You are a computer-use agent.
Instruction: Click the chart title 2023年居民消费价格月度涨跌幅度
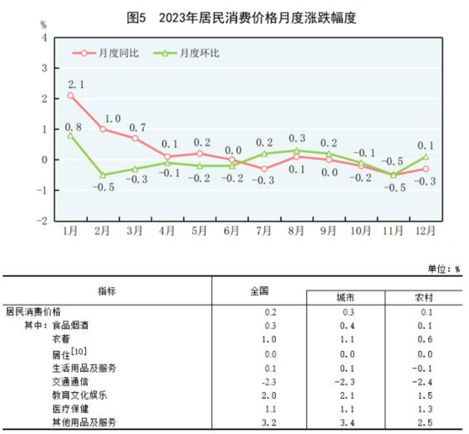click(x=257, y=18)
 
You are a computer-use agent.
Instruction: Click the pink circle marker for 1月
click(x=70, y=96)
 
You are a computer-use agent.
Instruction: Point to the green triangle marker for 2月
click(x=103, y=175)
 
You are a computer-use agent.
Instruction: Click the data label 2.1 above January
click(x=76, y=84)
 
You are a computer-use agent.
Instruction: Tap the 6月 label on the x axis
click(x=231, y=231)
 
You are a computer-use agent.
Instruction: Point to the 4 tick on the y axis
click(x=44, y=38)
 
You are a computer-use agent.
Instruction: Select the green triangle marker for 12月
click(x=425, y=157)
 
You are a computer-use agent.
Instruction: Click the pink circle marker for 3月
click(x=135, y=138)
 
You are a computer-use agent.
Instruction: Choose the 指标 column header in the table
click(x=107, y=291)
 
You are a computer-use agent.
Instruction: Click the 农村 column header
click(x=423, y=298)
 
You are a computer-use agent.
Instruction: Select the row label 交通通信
click(x=69, y=381)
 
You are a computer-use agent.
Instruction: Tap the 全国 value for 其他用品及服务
click(x=271, y=422)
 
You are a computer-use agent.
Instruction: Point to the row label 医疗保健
click(x=69, y=409)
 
